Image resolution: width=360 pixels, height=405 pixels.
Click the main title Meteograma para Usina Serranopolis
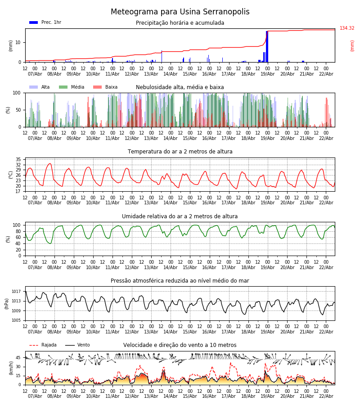(180, 12)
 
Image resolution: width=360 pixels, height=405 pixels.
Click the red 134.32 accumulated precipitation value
(347, 28)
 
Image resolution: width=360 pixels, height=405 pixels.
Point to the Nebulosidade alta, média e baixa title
(180, 87)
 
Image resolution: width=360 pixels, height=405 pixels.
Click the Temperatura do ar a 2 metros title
(180, 152)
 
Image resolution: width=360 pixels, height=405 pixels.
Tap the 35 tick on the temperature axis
(18, 160)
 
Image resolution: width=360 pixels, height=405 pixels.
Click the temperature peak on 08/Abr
(49, 164)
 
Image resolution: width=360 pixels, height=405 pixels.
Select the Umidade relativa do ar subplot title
(180, 216)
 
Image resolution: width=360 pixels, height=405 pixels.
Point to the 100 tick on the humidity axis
(17, 225)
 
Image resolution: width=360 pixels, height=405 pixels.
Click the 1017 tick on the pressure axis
(16, 292)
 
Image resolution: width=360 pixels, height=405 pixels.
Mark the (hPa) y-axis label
(7, 303)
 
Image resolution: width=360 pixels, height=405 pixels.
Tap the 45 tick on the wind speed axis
(18, 358)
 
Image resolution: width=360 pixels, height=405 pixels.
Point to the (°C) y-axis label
(11, 175)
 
